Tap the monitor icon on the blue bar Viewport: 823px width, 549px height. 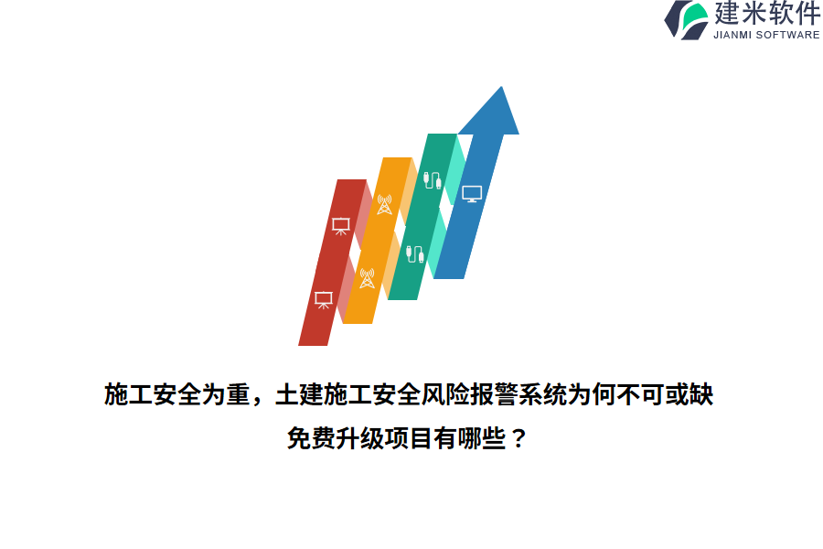click(472, 193)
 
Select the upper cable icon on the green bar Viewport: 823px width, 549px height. click(433, 178)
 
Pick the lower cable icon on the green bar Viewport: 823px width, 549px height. click(414, 253)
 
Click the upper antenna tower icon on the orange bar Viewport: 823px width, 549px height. click(384, 204)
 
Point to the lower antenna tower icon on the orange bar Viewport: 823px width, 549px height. click(367, 278)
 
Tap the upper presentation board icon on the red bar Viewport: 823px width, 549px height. click(340, 225)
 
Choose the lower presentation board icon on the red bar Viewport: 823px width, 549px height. click(323, 299)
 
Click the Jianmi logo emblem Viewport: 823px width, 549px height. click(686, 19)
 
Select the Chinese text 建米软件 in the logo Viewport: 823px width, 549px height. click(766, 14)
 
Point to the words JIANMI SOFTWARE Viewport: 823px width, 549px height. click(766, 36)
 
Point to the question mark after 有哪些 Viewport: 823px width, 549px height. click(518, 439)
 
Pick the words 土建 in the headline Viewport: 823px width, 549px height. click(296, 395)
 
